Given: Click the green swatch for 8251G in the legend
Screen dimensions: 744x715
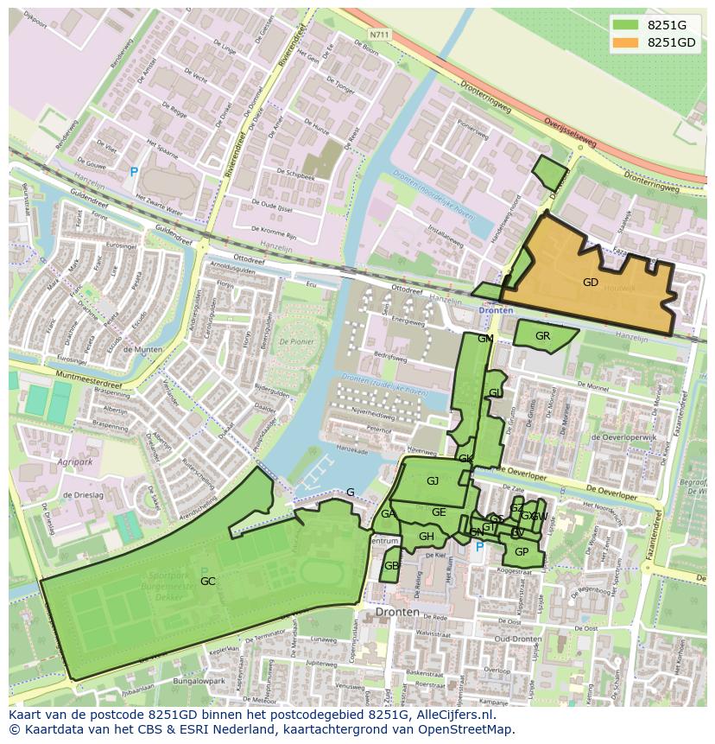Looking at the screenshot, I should tap(626, 25).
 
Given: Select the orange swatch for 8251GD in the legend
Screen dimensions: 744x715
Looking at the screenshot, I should tap(626, 42).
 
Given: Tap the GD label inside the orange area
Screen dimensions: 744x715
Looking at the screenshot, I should tap(591, 283).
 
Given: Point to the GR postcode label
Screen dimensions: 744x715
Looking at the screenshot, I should tap(542, 336).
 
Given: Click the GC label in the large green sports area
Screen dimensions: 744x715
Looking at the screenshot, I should tap(207, 582).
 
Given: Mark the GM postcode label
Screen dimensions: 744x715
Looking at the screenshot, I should tap(485, 339).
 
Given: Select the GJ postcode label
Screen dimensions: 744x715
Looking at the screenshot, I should tap(433, 481).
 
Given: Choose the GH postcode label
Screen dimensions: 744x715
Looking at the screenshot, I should tap(427, 537).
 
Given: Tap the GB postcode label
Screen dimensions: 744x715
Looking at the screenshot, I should tap(391, 566).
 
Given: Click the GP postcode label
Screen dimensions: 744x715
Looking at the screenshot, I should tap(522, 552).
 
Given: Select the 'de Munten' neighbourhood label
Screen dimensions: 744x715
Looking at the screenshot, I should tap(142, 349).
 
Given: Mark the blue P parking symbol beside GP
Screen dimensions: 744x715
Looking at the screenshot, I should tap(480, 546).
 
